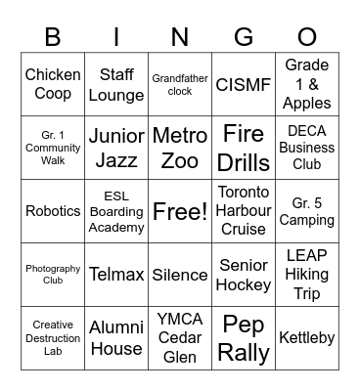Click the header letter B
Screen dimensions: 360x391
(53, 37)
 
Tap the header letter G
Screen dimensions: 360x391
(244, 37)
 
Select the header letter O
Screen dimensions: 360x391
(307, 37)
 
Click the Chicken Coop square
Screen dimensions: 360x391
(53, 85)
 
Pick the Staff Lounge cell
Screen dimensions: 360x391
(116, 85)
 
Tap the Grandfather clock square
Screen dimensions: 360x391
(180, 85)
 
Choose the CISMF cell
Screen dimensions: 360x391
(244, 85)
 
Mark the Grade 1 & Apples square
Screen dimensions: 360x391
(307, 85)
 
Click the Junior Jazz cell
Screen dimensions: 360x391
(116, 148)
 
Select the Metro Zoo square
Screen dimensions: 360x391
(180, 148)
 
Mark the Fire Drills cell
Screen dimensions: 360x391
(244, 148)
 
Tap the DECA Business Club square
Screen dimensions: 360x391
(307, 148)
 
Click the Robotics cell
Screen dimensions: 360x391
(53, 210)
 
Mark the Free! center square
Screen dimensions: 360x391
(180, 210)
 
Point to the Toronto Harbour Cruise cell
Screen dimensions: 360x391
(244, 210)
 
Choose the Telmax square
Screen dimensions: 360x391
(116, 275)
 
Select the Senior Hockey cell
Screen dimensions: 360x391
(244, 275)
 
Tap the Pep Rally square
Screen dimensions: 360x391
(244, 337)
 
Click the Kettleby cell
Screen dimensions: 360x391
(307, 337)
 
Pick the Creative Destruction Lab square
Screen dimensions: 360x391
(53, 337)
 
